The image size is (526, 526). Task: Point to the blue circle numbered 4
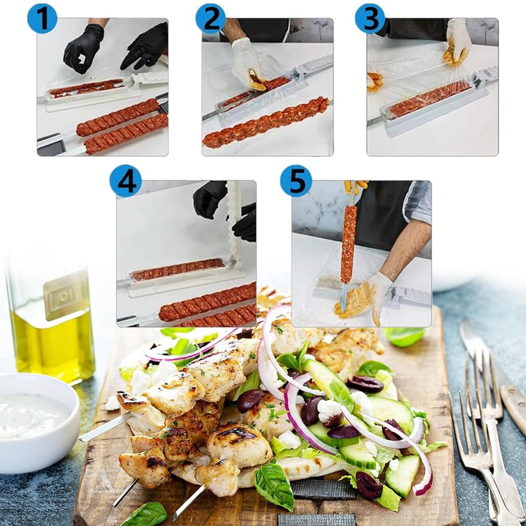126,181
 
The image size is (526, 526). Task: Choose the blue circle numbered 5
296,181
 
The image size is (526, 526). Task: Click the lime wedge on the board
404,336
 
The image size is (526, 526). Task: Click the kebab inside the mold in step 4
178,268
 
